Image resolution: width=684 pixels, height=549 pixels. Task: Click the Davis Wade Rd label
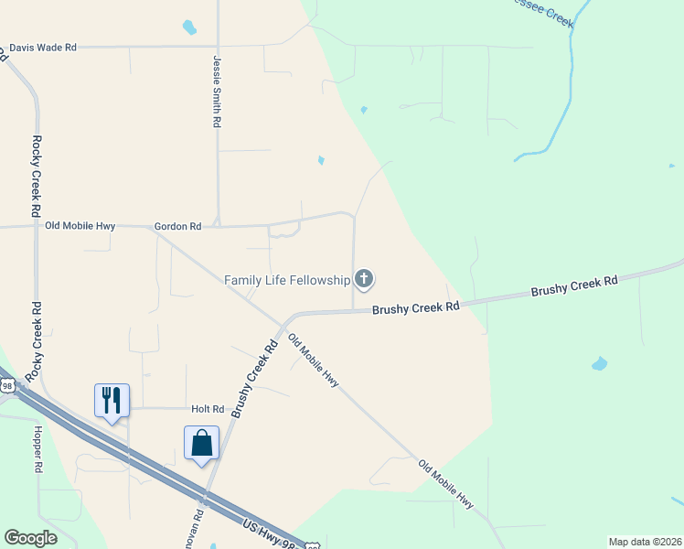click(43, 48)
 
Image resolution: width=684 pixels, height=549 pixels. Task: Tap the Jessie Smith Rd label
click(218, 91)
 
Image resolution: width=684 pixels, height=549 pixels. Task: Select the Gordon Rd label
click(177, 226)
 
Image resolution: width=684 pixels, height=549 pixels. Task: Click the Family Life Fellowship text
click(288, 280)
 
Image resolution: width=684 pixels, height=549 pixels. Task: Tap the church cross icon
click(364, 279)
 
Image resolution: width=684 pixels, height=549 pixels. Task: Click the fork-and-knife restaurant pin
click(112, 401)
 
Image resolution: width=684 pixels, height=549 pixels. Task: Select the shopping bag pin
click(201, 444)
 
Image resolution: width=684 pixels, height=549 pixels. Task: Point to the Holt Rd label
click(208, 409)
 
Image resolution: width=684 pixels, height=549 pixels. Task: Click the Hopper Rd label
click(38, 450)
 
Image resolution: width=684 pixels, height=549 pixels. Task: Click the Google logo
click(31, 538)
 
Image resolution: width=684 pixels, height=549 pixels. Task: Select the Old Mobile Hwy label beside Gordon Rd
click(80, 225)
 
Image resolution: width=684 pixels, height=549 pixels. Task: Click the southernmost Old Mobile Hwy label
click(446, 485)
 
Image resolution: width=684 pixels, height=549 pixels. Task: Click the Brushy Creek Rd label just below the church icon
click(415, 310)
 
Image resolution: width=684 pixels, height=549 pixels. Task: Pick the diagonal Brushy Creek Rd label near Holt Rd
click(254, 380)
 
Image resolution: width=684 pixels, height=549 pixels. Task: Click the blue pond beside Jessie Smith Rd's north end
click(189, 27)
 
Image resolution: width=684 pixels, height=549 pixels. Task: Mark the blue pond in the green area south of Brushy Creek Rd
click(599, 363)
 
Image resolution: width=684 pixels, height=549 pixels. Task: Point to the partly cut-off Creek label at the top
click(543, 13)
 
